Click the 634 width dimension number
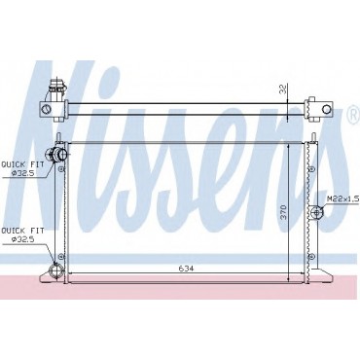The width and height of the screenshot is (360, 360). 186,269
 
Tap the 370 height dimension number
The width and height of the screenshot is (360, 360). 283,212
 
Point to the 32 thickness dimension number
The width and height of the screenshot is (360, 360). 283,90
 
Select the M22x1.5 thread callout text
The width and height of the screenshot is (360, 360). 342,199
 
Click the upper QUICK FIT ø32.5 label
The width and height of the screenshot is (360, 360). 22,168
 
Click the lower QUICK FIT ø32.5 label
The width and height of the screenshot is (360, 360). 22,235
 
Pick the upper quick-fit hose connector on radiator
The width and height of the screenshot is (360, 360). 56,154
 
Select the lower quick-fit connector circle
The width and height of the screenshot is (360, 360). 54,270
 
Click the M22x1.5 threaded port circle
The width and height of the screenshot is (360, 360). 316,212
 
